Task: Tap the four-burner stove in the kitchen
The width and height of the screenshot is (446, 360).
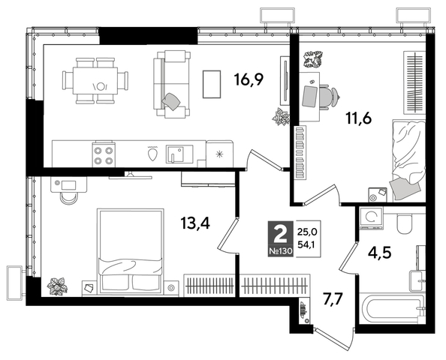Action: (x=104, y=154)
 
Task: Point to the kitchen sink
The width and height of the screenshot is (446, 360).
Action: (x=176, y=154)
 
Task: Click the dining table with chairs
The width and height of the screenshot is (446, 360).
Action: (x=96, y=79)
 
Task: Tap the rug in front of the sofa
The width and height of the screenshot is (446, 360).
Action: (x=212, y=84)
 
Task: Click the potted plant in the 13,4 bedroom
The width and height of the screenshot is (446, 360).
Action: (x=56, y=285)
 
